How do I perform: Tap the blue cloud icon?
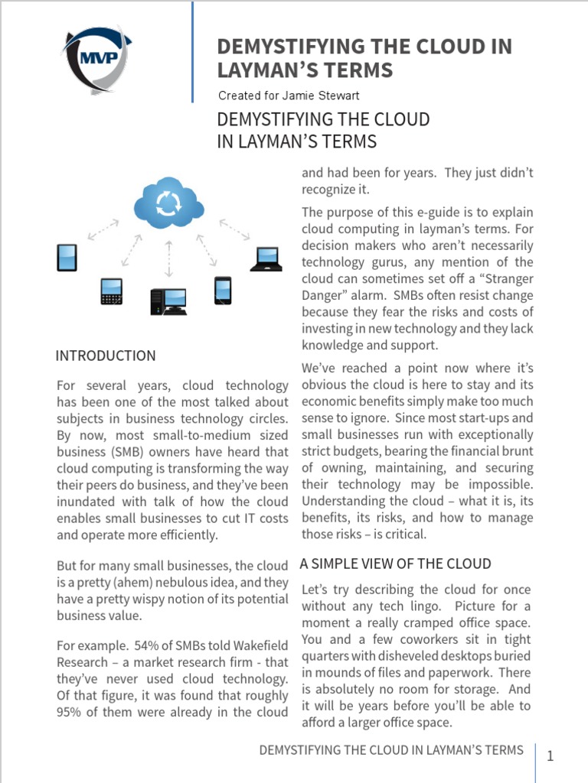click(x=168, y=202)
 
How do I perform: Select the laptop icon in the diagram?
click(x=266, y=260)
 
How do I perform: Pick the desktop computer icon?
click(x=168, y=301)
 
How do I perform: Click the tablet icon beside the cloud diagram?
click(x=67, y=258)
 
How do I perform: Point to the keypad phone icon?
click(x=111, y=291)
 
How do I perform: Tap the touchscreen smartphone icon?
click(x=222, y=291)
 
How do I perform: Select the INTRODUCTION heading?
click(x=106, y=356)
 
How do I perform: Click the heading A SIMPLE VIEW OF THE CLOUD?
click(x=395, y=564)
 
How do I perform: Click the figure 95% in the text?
click(x=71, y=712)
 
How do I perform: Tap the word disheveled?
click(x=421, y=656)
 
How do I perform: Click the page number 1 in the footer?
click(x=550, y=756)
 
